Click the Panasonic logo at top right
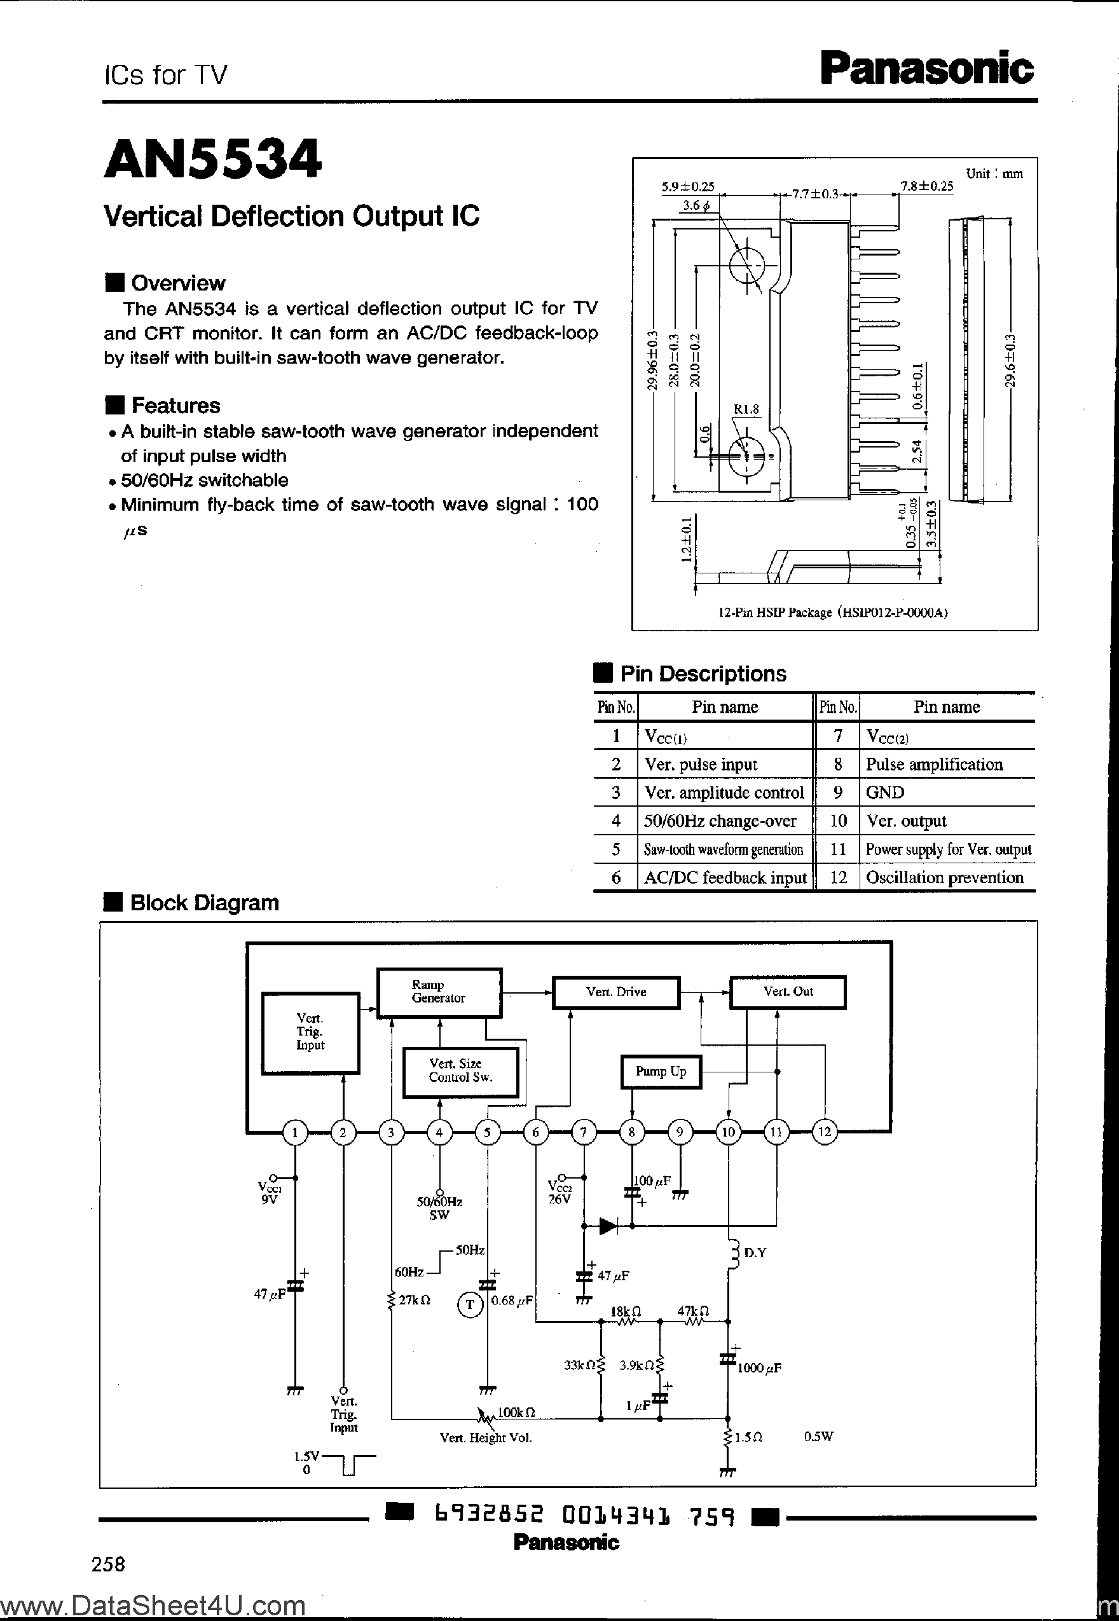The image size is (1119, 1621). click(x=927, y=69)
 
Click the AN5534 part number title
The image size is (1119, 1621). click(x=213, y=159)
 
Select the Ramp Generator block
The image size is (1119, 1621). click(x=439, y=992)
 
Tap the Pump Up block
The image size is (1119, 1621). click(x=661, y=1072)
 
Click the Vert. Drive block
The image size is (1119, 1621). click(x=615, y=992)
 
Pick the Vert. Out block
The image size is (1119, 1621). click(x=787, y=992)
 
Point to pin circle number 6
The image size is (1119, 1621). click(x=536, y=1131)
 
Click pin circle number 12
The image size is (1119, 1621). click(x=825, y=1131)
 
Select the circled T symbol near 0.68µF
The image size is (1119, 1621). click(x=470, y=1304)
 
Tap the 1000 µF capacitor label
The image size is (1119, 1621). click(x=759, y=1367)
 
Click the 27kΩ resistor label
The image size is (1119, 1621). click(x=414, y=1300)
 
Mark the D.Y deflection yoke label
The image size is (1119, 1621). click(x=755, y=1252)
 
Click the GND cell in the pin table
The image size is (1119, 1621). click(x=885, y=792)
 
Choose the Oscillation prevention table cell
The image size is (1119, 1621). click(x=944, y=877)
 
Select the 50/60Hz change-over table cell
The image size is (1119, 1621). click(x=720, y=821)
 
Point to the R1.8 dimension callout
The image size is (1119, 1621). click(x=746, y=409)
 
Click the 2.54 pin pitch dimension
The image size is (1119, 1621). click(x=916, y=452)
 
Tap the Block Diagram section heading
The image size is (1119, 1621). click(x=204, y=903)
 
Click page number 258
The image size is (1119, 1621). click(x=109, y=1564)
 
